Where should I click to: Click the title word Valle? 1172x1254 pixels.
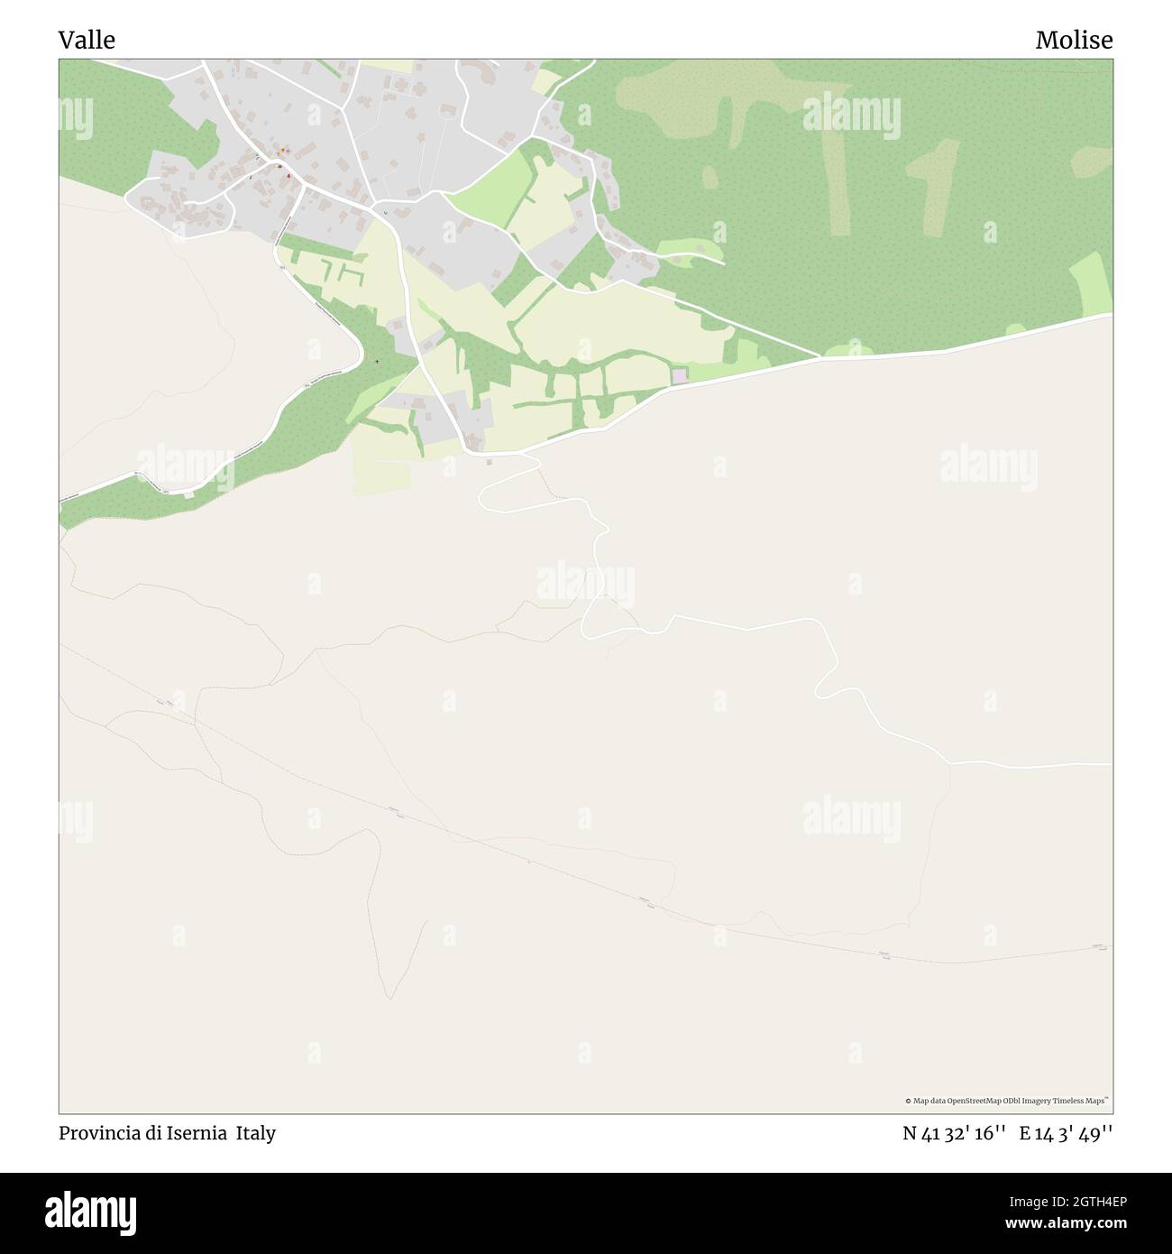click(87, 40)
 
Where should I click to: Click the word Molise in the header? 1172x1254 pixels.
click(1074, 40)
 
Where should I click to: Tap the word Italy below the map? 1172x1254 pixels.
click(256, 1133)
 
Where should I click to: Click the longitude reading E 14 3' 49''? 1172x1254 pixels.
click(1067, 1133)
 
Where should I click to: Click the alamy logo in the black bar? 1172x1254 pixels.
click(91, 1213)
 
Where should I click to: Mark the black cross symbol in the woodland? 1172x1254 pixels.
click(377, 363)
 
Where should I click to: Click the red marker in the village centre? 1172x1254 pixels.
click(288, 176)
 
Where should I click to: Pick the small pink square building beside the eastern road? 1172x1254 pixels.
click(679, 375)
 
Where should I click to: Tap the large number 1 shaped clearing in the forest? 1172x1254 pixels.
click(933, 185)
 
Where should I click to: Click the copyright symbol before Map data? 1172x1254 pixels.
click(908, 1101)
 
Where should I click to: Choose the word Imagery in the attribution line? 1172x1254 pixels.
click(1038, 1101)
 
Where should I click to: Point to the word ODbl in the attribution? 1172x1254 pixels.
click(1012, 1101)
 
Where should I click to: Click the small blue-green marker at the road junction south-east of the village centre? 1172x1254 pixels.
click(386, 213)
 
